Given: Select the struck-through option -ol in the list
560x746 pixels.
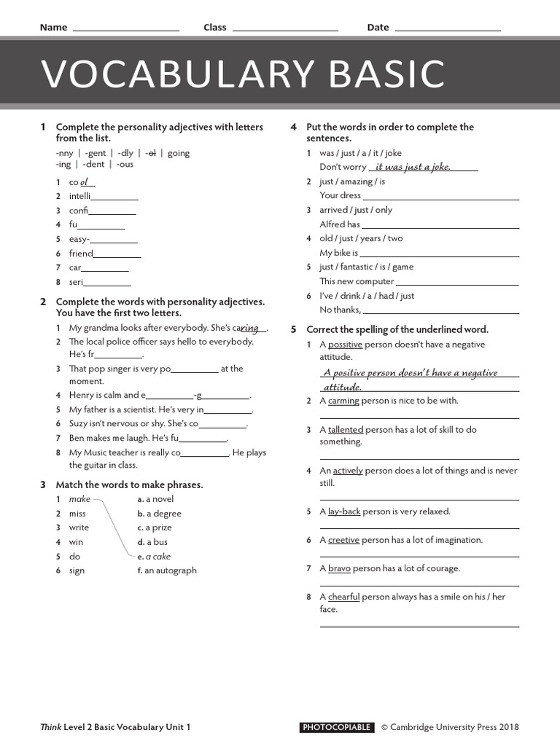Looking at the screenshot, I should click(151, 153).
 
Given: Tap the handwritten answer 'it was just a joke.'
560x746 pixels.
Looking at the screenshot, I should click(413, 167).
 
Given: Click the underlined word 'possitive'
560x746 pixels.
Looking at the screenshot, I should click(345, 345).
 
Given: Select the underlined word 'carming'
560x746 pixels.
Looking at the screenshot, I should click(343, 401).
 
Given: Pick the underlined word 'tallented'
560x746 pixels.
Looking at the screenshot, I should click(345, 430).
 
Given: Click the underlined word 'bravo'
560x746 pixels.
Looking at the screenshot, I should click(339, 568).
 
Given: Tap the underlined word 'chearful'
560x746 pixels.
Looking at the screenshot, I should click(344, 597).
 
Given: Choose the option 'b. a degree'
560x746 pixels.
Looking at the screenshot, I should click(160, 514).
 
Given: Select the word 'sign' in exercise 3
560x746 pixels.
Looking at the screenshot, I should click(77, 570).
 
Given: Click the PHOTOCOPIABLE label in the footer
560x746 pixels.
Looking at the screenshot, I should click(337, 727).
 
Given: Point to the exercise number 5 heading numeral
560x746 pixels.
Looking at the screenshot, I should click(293, 329).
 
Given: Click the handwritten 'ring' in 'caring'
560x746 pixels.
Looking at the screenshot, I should click(250, 328).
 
